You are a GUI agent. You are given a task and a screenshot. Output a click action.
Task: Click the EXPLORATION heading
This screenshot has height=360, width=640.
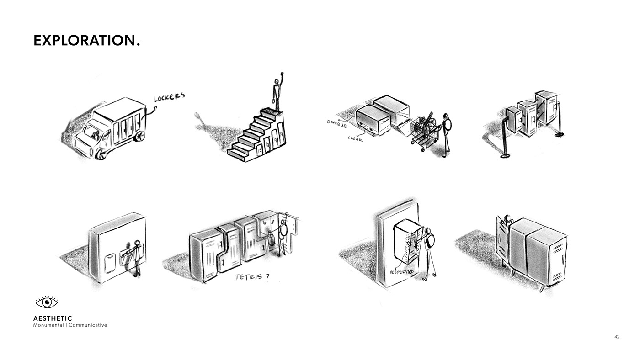pyautogui.click(x=86, y=40)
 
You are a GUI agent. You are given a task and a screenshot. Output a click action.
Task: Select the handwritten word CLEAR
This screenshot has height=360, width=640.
pyautogui.click(x=355, y=138)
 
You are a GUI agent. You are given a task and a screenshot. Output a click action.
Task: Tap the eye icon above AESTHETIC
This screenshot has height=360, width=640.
pyautogui.click(x=47, y=302)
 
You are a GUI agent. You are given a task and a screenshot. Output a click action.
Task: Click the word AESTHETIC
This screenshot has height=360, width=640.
pyautogui.click(x=53, y=318)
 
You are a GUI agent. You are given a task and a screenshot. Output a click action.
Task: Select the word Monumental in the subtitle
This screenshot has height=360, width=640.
pyautogui.click(x=48, y=325)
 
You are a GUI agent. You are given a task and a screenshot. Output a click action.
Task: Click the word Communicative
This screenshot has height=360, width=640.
pyautogui.click(x=88, y=325)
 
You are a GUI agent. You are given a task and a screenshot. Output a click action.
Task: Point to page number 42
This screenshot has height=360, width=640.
pyautogui.click(x=617, y=337)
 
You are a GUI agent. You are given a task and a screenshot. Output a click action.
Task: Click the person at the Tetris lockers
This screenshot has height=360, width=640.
pyautogui.click(x=283, y=235)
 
